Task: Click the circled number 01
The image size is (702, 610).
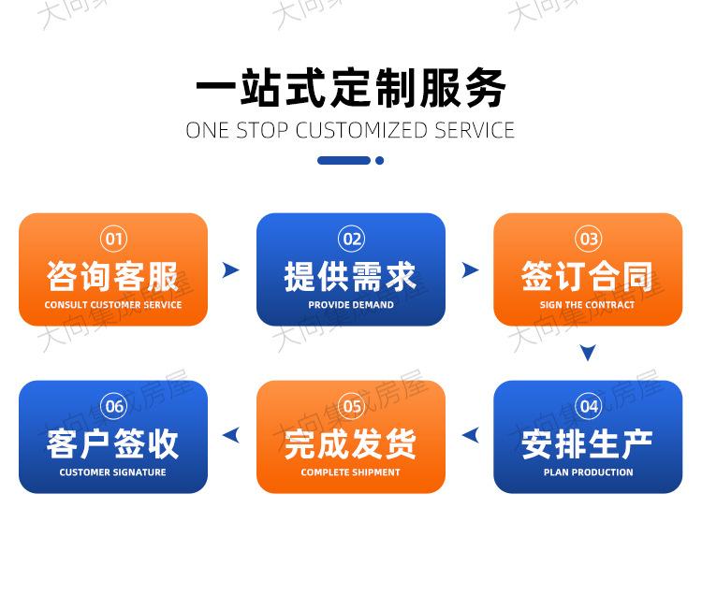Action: (x=113, y=239)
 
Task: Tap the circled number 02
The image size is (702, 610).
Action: (x=351, y=239)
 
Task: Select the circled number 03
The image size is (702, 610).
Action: (x=589, y=239)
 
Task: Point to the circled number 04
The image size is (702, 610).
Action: (x=589, y=406)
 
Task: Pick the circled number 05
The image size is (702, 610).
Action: (x=351, y=406)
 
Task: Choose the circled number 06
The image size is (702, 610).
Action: (x=113, y=406)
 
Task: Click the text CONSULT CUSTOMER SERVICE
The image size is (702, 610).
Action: (x=113, y=305)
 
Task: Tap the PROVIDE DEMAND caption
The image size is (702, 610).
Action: (x=351, y=305)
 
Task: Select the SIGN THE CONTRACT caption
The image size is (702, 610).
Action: (x=588, y=305)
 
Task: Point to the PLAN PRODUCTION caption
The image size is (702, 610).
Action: (x=589, y=472)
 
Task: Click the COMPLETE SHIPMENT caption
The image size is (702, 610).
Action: (x=351, y=472)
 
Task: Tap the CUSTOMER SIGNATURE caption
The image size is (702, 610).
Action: (x=113, y=472)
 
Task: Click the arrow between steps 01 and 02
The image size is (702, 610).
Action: (x=232, y=269)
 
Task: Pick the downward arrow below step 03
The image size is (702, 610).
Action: (x=588, y=352)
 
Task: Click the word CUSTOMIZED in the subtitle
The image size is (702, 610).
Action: (x=361, y=131)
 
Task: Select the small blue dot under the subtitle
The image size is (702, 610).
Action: (x=380, y=161)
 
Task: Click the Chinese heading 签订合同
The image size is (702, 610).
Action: (x=587, y=277)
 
